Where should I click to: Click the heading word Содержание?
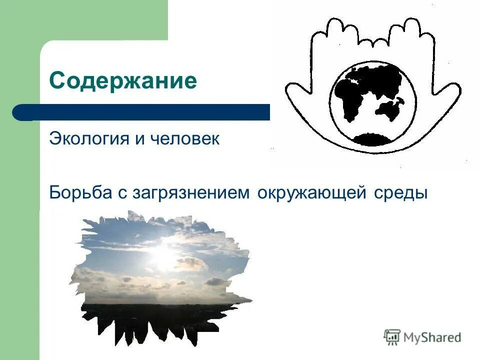(123, 80)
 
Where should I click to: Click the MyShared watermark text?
(432, 337)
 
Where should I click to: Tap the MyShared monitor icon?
(392, 337)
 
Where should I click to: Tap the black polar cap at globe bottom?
(372, 139)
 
